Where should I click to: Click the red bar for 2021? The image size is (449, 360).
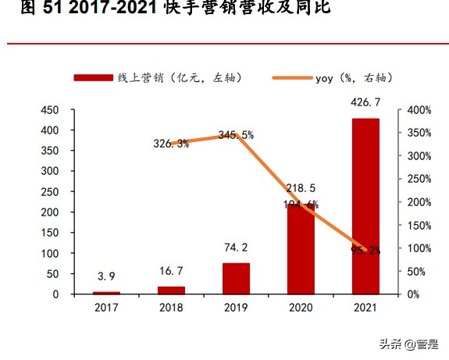click(x=365, y=207)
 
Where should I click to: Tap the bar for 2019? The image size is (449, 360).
click(x=235, y=279)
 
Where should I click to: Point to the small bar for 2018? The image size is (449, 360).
click(x=170, y=290)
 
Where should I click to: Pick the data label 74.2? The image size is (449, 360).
click(x=235, y=248)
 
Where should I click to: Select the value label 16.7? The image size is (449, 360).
click(x=170, y=272)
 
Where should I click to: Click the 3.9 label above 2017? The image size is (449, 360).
click(x=106, y=276)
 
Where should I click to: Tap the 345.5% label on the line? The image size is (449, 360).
click(x=235, y=135)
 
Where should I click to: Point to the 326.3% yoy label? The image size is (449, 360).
click(x=171, y=144)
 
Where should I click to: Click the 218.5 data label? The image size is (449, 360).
click(x=301, y=188)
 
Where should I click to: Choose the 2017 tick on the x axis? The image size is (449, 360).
click(x=106, y=308)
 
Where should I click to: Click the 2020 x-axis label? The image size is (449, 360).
click(x=300, y=308)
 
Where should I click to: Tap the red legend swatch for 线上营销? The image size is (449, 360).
click(x=93, y=78)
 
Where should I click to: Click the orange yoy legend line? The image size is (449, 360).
click(x=291, y=78)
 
